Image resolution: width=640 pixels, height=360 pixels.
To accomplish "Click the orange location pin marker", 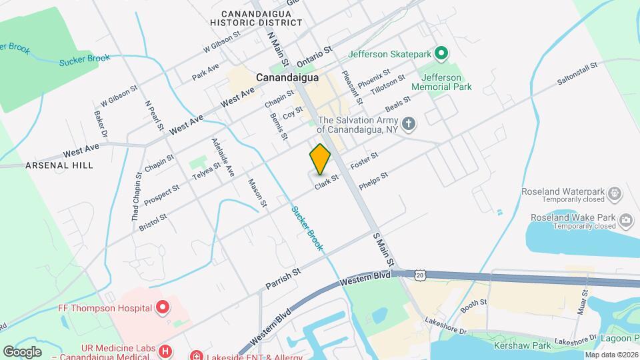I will click(x=321, y=159).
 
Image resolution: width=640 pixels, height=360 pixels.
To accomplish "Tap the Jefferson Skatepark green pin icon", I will click(x=441, y=53).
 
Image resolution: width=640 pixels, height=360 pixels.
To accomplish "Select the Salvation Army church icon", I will click(x=409, y=124).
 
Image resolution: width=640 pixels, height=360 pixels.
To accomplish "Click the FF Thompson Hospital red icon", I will click(x=162, y=307).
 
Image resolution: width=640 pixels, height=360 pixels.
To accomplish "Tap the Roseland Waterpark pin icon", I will click(x=615, y=195).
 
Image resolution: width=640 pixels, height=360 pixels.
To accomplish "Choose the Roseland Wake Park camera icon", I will click(x=626, y=221).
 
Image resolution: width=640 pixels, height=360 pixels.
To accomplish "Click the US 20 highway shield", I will click(x=418, y=274).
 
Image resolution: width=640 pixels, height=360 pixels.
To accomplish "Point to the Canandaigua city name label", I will click(x=287, y=77).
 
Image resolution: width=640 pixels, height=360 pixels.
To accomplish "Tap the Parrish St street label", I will click(x=283, y=276).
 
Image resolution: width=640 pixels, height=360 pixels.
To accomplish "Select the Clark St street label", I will click(x=327, y=181).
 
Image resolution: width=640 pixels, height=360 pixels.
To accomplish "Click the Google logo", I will click(x=22, y=351).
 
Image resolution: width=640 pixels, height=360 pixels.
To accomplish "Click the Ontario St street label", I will click(x=315, y=55).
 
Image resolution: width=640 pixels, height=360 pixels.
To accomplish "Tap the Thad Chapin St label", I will click(x=136, y=197).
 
